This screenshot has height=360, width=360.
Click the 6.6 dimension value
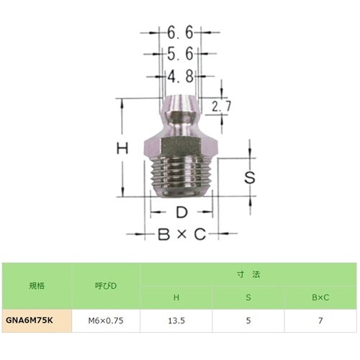[180, 33]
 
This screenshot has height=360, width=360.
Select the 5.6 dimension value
[180, 54]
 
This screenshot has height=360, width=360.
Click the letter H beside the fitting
[122, 148]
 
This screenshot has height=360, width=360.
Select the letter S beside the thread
[248, 177]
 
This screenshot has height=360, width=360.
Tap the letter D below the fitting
[181, 212]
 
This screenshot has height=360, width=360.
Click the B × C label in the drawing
[181, 235]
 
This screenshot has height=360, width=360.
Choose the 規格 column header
[36, 285]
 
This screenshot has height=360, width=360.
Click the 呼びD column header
[106, 285]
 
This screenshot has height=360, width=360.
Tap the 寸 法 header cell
[248, 274]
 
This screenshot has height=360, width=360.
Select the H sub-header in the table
[176, 297]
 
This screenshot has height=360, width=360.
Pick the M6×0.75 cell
[106, 319]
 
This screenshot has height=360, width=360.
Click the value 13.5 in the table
[176, 319]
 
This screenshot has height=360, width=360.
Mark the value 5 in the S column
[248, 319]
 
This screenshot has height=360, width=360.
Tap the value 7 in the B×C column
[320, 319]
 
